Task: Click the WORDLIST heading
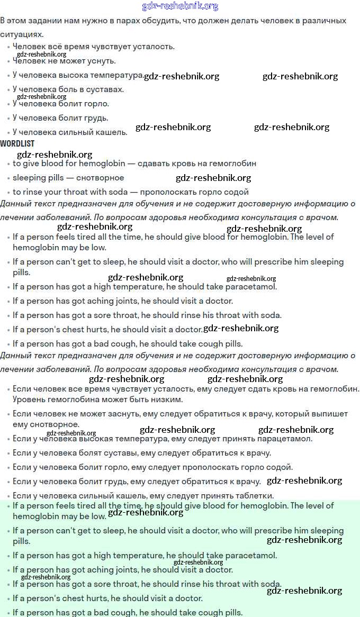pyautogui.click(x=17, y=143)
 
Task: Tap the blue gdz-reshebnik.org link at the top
pyautogui.click(x=180, y=6)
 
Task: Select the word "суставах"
pyautogui.click(x=106, y=89)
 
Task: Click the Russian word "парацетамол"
pyautogui.click(x=286, y=439)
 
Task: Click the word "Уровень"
pyautogui.click(x=29, y=400)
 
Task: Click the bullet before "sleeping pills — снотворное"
pyautogui.click(x=8, y=178)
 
